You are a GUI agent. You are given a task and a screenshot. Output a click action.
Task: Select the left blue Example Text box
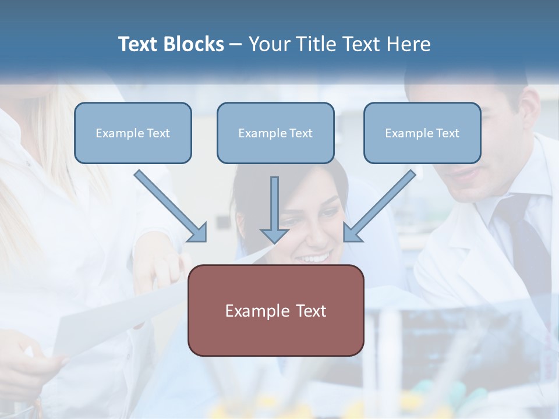point(133,133)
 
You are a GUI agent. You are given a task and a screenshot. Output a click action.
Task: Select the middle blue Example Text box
point(275,133)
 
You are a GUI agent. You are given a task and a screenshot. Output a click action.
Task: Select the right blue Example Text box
point(422,133)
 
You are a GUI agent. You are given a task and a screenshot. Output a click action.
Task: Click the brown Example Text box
point(275,310)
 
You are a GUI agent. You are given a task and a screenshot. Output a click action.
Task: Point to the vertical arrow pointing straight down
point(274,210)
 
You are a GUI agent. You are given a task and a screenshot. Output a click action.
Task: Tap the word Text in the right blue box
point(447,133)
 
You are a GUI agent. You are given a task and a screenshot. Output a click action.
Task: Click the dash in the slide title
point(236,44)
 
